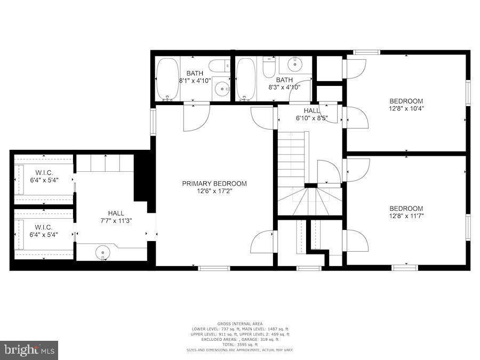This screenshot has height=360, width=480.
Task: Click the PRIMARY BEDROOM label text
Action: tap(214, 183)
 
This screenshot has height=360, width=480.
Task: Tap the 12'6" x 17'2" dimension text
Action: tap(214, 190)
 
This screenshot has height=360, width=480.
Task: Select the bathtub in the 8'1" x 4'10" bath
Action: tap(168, 79)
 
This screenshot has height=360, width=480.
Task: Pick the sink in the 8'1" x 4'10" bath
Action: tap(222, 89)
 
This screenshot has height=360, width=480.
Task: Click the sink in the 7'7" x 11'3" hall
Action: tap(103, 253)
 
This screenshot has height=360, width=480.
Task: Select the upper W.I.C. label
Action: tap(44, 172)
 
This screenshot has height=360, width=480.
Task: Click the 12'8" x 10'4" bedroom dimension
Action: tap(406, 108)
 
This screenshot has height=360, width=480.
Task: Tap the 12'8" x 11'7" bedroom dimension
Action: tap(406, 216)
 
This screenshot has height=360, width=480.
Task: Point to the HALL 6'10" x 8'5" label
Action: tap(311, 114)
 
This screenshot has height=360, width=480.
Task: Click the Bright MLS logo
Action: tap(29, 350)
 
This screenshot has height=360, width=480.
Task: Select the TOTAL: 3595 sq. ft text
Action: tap(239, 344)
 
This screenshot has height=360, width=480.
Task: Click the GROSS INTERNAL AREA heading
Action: tap(239, 324)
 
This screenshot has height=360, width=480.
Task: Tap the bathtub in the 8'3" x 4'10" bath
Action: tap(246, 79)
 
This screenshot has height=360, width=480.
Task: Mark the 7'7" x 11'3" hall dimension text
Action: tap(116, 220)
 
